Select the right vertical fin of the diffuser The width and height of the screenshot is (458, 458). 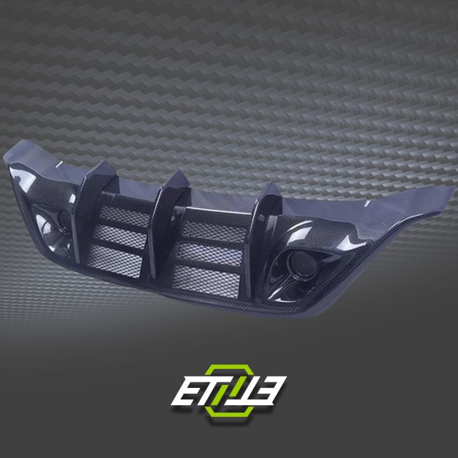point(266,216)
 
